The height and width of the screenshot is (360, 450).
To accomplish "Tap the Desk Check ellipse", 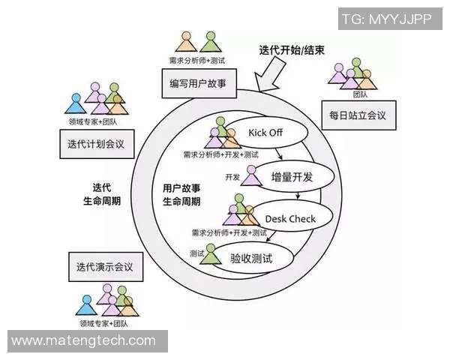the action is click(x=291, y=219).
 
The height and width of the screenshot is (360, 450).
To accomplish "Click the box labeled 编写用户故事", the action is click(x=198, y=84).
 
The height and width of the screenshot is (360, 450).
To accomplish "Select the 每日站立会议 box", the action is click(x=358, y=115).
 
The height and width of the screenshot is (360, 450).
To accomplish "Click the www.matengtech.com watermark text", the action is click(x=84, y=341).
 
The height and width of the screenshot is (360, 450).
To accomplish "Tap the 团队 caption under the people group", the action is click(x=360, y=95).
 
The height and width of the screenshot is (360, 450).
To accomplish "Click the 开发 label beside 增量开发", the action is click(x=232, y=177).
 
